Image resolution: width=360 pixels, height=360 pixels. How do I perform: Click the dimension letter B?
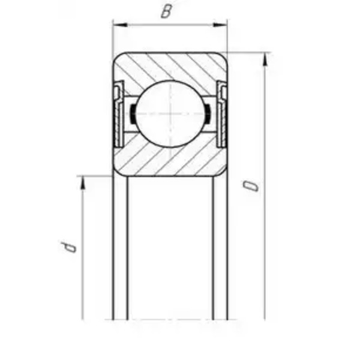[x=166, y=12]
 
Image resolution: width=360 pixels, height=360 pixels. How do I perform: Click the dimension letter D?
[x=251, y=186]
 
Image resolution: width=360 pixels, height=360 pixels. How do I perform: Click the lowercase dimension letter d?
[x=68, y=247]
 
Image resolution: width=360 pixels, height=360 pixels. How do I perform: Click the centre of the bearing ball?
[x=170, y=113]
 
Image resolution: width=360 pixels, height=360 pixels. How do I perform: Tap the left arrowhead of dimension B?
[x=119, y=25]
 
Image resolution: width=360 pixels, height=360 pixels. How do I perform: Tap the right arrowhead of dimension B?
[x=220, y=25]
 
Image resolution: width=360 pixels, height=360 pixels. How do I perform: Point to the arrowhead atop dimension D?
[x=265, y=59]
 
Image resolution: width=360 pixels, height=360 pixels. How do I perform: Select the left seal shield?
[x=119, y=113]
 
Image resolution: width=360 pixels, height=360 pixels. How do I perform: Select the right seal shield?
[x=222, y=113]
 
